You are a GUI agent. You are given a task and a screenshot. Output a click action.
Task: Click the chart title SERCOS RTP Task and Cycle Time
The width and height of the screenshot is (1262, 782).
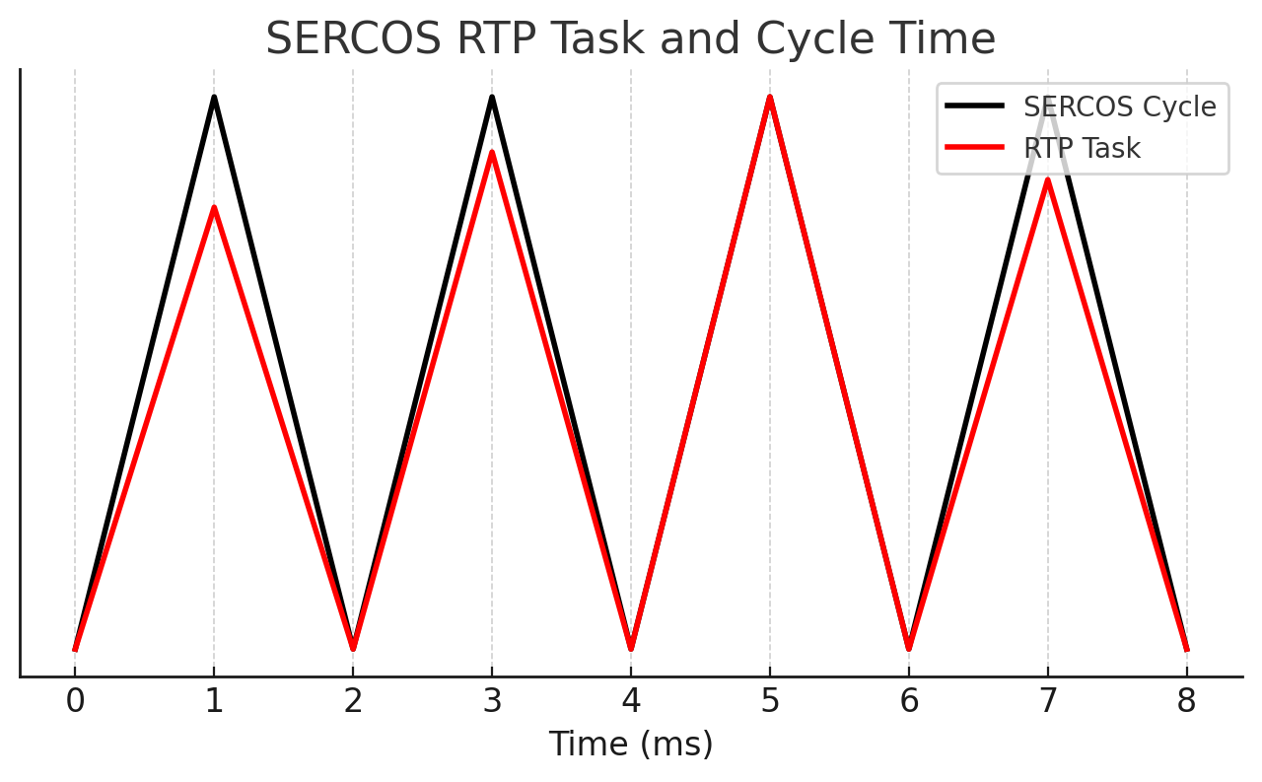point(630,39)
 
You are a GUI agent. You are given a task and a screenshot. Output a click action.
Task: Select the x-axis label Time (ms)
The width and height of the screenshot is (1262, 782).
point(630,744)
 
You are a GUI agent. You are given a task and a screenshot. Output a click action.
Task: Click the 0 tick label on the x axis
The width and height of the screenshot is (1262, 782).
point(75,701)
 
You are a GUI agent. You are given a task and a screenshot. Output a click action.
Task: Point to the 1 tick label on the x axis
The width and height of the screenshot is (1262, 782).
point(214,701)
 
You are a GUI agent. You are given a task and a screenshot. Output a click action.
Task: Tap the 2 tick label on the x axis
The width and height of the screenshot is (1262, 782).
point(353,701)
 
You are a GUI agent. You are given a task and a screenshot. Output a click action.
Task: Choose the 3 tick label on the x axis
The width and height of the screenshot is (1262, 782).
point(492,701)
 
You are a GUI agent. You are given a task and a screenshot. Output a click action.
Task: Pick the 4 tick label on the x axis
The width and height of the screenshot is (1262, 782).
point(631,701)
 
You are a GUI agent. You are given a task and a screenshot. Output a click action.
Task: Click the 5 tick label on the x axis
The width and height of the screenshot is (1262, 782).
point(770,701)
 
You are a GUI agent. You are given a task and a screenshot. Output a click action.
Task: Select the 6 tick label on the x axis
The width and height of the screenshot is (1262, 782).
point(909,701)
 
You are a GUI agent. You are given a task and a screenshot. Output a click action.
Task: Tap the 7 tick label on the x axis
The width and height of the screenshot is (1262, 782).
point(1048,701)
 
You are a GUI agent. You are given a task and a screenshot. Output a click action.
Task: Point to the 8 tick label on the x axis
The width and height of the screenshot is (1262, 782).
point(1187,701)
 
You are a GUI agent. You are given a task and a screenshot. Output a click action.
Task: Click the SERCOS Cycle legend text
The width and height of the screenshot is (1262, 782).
point(1119,107)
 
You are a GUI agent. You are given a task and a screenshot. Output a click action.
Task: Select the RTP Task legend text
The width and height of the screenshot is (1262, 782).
point(1082,148)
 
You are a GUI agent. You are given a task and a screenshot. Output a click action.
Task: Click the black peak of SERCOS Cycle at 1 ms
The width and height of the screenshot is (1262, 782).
point(214,97)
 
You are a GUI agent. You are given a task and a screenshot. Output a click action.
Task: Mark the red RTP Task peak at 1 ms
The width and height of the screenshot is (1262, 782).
point(214,207)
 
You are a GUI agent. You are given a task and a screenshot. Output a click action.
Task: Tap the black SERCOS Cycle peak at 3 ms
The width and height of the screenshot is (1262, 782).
point(492,97)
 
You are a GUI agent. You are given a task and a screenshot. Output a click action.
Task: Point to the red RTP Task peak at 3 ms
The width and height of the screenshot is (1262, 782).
point(492,152)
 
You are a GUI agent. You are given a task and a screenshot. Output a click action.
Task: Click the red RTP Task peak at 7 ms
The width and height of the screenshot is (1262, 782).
point(1048,179)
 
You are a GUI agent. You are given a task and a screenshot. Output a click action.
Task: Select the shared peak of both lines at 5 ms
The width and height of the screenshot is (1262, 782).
point(770,97)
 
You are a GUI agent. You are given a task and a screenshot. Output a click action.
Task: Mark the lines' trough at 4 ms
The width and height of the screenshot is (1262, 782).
point(631,649)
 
